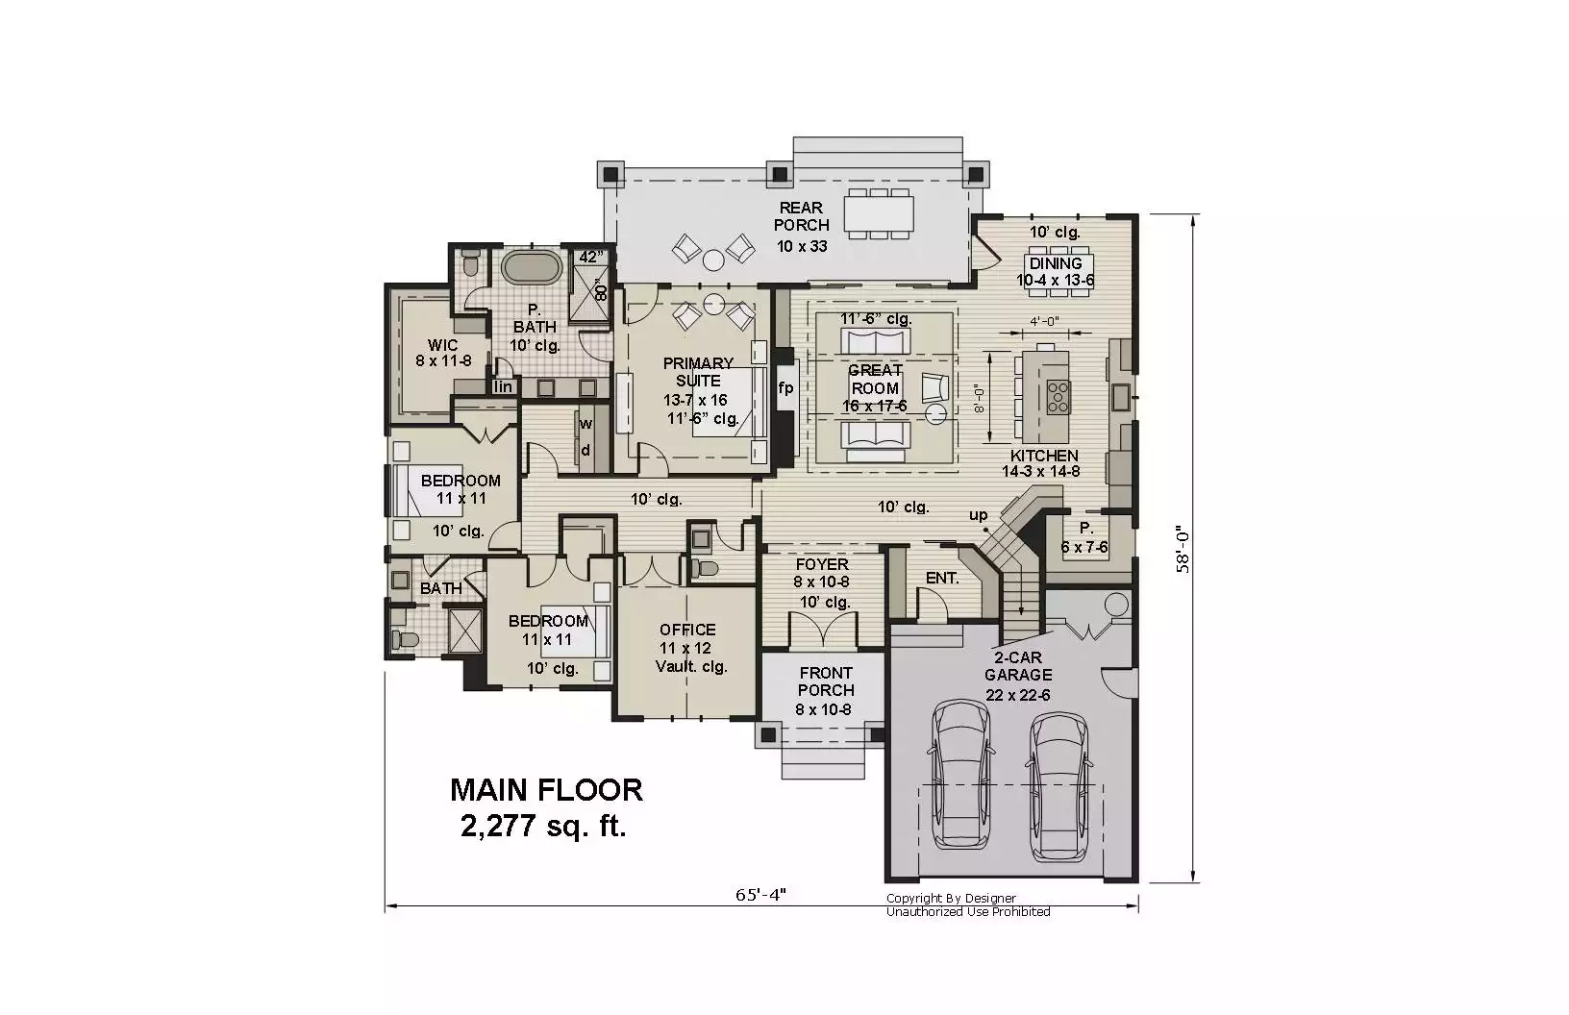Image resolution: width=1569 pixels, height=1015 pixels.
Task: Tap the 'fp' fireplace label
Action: tap(785, 387)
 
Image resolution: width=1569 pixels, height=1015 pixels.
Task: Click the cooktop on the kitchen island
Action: tap(1058, 396)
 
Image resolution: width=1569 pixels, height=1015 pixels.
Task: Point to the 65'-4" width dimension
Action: tap(760, 895)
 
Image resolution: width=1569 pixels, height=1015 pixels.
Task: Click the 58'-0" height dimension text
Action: tap(1183, 549)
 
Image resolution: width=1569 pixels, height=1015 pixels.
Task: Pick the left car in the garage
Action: tap(959, 775)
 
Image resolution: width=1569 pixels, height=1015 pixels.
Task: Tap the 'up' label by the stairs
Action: tap(978, 515)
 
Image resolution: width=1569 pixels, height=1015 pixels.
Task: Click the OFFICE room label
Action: tap(687, 630)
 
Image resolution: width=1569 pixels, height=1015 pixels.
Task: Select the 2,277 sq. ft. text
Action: tap(543, 826)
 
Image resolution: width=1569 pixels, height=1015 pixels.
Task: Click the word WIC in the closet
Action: tap(442, 345)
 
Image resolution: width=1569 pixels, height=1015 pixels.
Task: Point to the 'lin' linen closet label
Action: tap(503, 386)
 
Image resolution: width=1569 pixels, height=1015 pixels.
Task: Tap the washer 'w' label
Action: tap(585, 424)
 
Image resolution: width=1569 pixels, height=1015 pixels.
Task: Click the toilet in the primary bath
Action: tap(471, 262)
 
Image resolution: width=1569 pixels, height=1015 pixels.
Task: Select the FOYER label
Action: tap(822, 564)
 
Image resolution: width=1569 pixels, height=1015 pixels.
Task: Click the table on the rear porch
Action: tap(879, 213)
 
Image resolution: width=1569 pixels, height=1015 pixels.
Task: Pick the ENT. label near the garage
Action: tap(942, 578)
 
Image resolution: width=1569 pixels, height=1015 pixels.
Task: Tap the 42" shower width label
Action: tap(590, 257)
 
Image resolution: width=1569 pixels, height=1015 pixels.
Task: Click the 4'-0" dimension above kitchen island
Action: tap(1044, 322)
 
